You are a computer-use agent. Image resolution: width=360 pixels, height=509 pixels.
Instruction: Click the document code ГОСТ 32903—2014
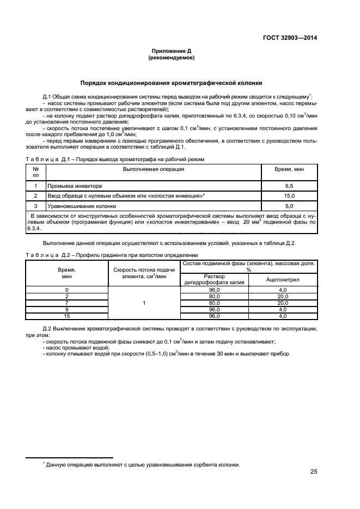tap(290, 38)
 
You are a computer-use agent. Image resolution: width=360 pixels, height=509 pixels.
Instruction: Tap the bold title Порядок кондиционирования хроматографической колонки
tap(171, 83)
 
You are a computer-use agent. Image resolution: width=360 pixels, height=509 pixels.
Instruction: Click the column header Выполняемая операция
tap(153, 169)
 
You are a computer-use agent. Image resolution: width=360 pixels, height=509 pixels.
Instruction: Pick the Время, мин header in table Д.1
tap(289, 169)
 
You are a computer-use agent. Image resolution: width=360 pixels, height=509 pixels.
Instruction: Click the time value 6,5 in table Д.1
tap(289, 186)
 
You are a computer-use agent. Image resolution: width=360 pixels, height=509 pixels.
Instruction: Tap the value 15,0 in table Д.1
tap(289, 196)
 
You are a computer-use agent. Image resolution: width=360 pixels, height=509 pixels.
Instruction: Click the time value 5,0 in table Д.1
tap(289, 206)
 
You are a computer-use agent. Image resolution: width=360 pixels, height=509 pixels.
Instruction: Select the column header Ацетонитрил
tap(283, 279)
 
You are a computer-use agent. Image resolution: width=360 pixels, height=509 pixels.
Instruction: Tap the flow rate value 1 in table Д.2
tap(144, 303)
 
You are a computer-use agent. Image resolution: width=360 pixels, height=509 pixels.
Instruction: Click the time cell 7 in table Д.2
tap(67, 303)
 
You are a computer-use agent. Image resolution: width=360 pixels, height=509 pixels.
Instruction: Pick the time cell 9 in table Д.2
tap(67, 309)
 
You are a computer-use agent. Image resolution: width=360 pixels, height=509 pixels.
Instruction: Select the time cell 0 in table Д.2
tap(67, 290)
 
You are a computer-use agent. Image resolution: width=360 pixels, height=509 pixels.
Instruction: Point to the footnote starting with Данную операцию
tap(142, 464)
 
